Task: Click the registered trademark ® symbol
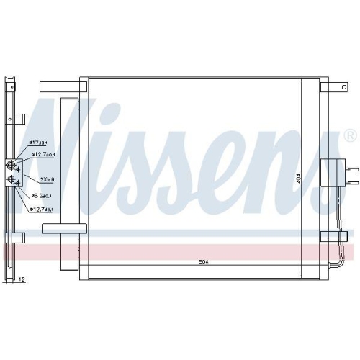pos(350,135)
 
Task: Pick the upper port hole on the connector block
pos(12,163)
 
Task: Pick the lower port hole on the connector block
pos(12,180)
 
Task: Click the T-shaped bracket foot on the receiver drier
pos(63,229)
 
